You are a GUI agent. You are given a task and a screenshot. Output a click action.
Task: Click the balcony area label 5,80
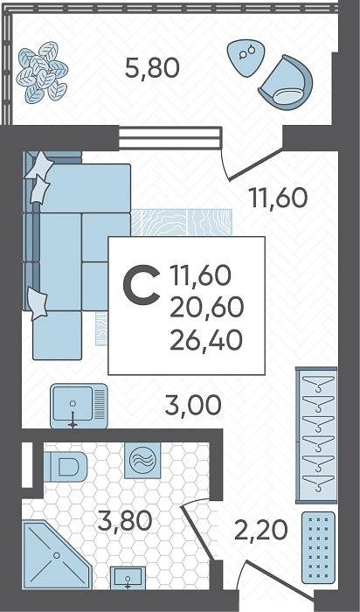click(152, 67)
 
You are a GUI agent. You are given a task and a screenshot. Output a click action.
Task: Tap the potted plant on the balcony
click(42, 73)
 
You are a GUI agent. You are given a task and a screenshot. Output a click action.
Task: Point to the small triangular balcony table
click(244, 57)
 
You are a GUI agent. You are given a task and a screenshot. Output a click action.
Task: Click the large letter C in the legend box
click(142, 285)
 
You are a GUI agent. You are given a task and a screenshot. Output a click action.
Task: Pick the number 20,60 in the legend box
click(207, 308)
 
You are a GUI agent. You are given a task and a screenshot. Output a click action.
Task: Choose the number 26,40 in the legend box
click(207, 340)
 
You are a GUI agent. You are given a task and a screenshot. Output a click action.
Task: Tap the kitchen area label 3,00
click(193, 406)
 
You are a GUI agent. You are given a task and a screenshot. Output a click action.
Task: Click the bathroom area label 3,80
click(125, 521)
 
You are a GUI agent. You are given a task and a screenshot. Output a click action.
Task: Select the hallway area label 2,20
click(261, 531)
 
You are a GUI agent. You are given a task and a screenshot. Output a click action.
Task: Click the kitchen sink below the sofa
click(79, 406)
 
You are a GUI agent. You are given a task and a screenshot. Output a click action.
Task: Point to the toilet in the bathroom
click(66, 467)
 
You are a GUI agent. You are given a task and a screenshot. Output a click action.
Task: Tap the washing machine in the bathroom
click(142, 461)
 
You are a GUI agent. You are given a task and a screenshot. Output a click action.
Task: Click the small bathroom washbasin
click(128, 578)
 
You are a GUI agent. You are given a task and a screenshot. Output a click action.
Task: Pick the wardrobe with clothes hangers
click(316, 435)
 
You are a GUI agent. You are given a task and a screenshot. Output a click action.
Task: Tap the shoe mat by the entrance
click(318, 547)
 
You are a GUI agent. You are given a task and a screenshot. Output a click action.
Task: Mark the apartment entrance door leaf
click(280, 581)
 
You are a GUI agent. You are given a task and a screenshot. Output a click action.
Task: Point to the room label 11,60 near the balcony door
click(279, 198)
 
